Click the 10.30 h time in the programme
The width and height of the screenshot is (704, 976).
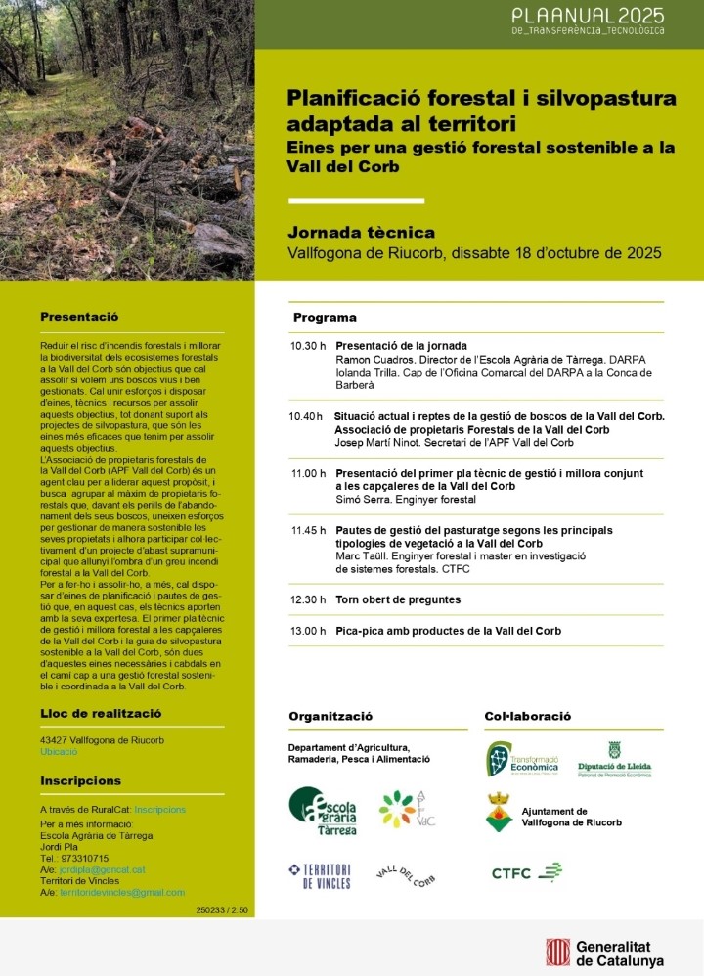pyautogui.click(x=308, y=346)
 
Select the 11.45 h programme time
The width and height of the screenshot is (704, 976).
pyautogui.click(x=308, y=530)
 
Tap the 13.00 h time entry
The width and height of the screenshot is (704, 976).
pyautogui.click(x=308, y=631)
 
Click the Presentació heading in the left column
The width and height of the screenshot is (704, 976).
pyautogui.click(x=79, y=317)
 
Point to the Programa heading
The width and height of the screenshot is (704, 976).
pyautogui.click(x=325, y=318)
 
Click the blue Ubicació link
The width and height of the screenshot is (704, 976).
pyautogui.click(x=59, y=751)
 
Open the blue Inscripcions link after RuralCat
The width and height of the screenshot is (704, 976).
pyautogui.click(x=159, y=810)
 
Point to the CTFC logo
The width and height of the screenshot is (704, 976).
pyautogui.click(x=526, y=871)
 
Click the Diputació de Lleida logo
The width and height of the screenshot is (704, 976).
pyautogui.click(x=614, y=760)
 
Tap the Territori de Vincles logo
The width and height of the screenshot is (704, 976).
pyautogui.click(x=320, y=874)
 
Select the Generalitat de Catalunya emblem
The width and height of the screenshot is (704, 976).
pyautogui.click(x=558, y=952)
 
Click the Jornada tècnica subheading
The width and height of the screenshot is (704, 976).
pyautogui.click(x=361, y=233)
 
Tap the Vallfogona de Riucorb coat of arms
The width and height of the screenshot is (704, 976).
pyautogui.click(x=498, y=814)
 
